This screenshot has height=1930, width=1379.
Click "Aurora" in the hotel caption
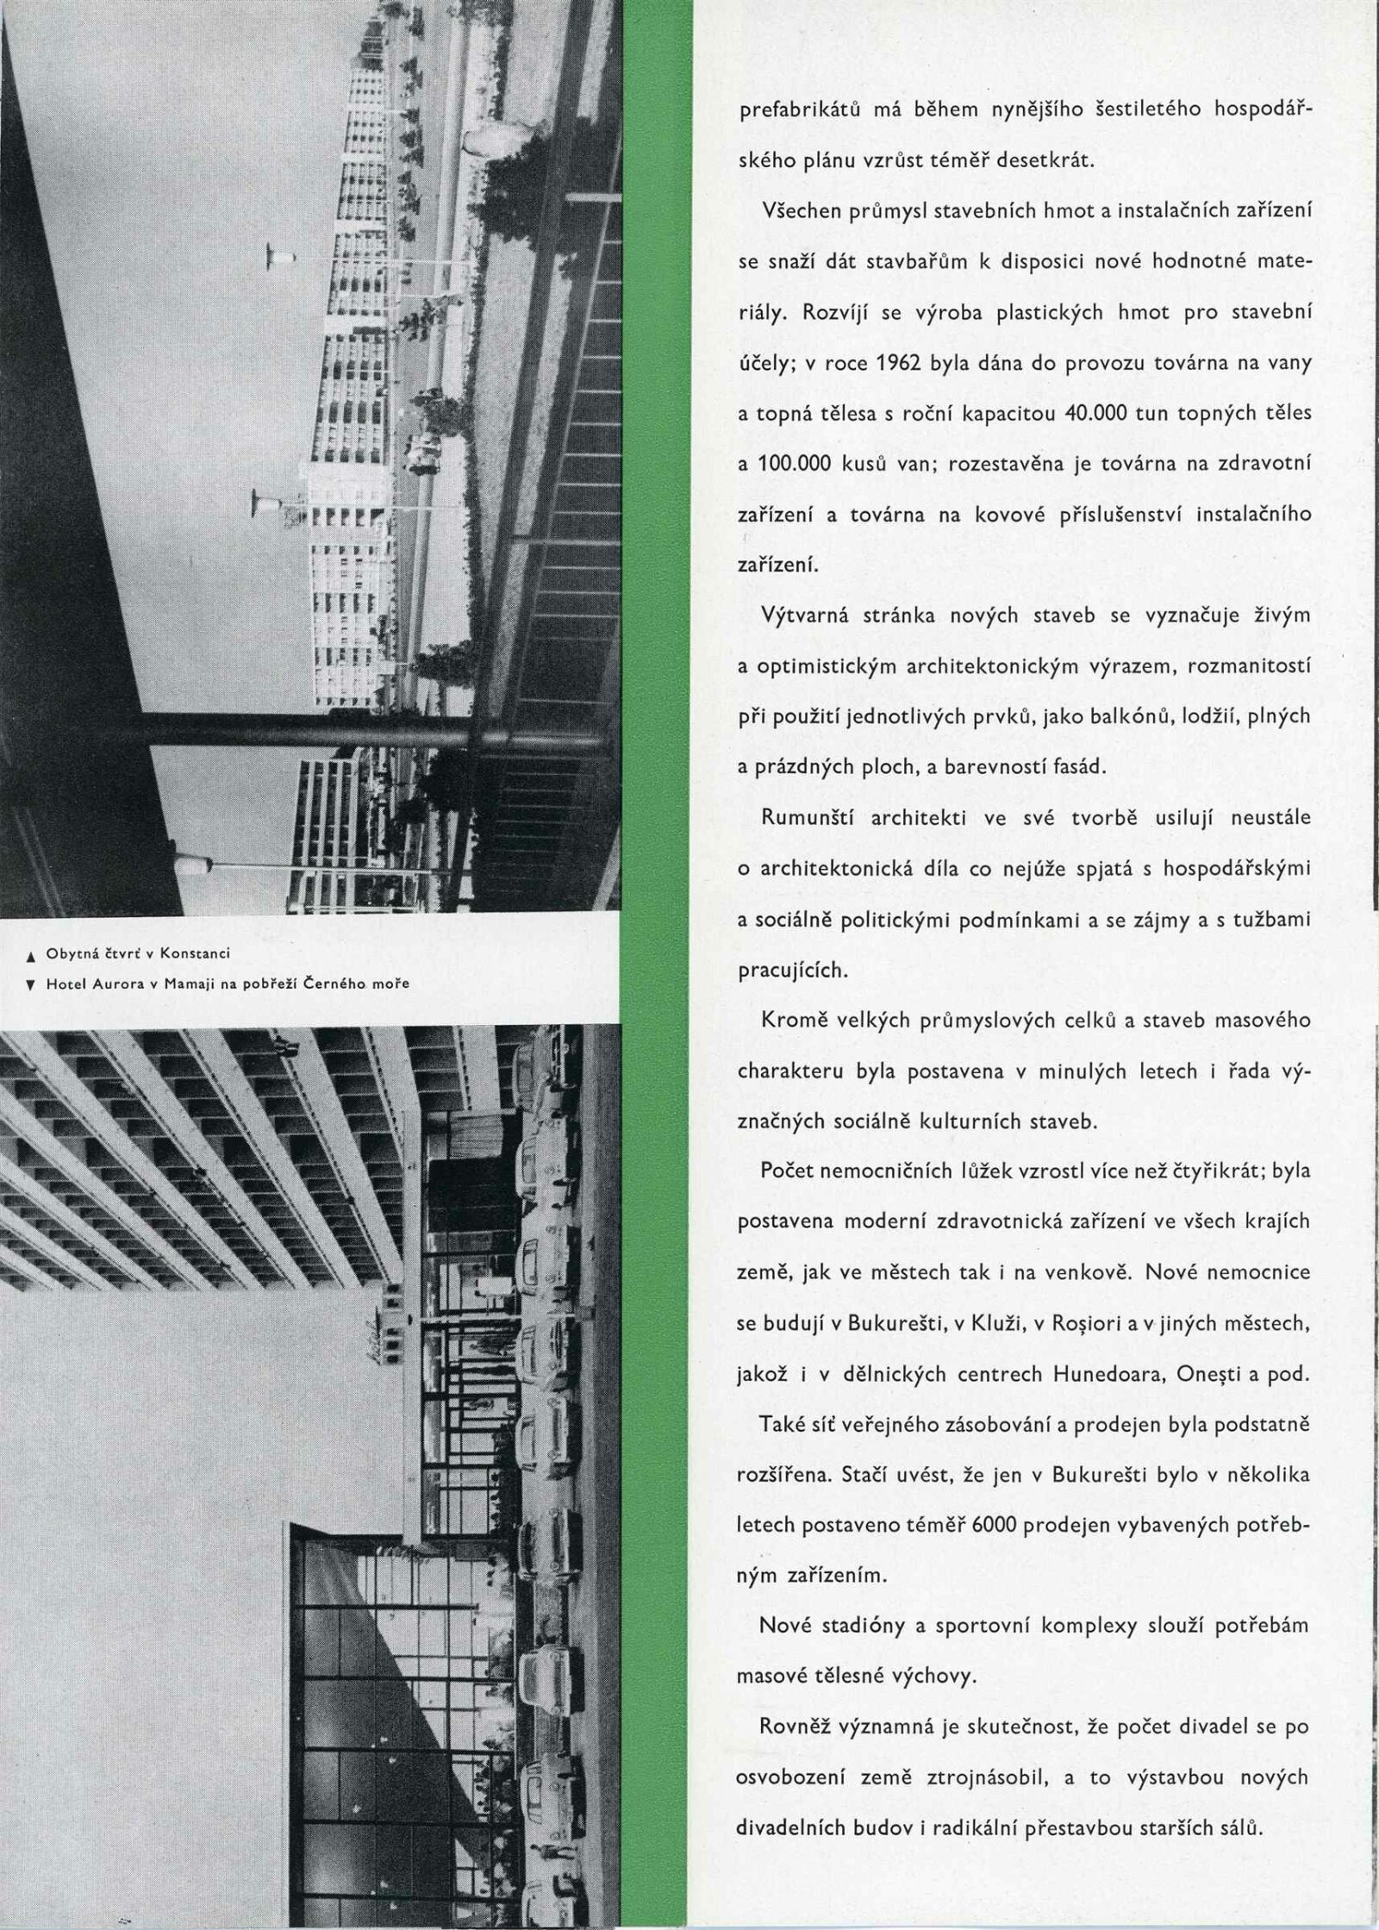pyautogui.click(x=110, y=984)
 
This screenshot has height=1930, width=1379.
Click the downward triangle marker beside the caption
pyautogui.click(x=30, y=984)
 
